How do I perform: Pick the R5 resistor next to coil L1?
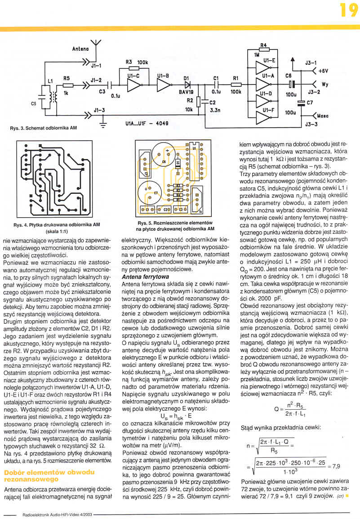tap(67, 85)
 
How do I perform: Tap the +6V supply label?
tap(324, 71)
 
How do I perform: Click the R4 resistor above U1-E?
tap(264, 51)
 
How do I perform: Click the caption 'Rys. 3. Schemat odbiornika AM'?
tap(44, 128)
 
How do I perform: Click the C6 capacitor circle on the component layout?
tap(163, 159)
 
